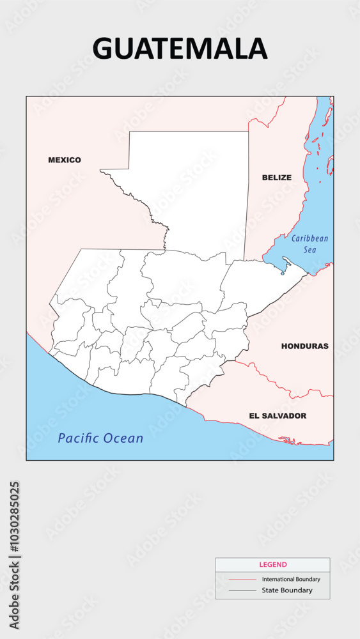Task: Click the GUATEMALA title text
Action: pyautogui.click(x=180, y=49)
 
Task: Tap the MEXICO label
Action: pyautogui.click(x=65, y=160)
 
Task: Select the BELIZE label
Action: pyautogui.click(x=276, y=178)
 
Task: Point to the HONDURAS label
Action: pyautogui.click(x=304, y=346)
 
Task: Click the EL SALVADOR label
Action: pyautogui.click(x=278, y=416)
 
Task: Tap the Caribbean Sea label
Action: pyautogui.click(x=309, y=244)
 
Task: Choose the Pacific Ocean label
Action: pyautogui.click(x=100, y=438)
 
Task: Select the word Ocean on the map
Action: pyautogui.click(x=125, y=438)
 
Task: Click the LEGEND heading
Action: pyautogui.click(x=273, y=565)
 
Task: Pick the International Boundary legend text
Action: pyautogui.click(x=291, y=580)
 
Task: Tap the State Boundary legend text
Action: pyautogui.click(x=287, y=590)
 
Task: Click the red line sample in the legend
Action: pyautogui.click(x=242, y=580)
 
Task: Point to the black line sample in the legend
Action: pyautogui.click(x=242, y=590)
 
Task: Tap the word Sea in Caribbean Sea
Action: pyautogui.click(x=309, y=250)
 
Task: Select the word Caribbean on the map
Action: pyautogui.click(x=309, y=239)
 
